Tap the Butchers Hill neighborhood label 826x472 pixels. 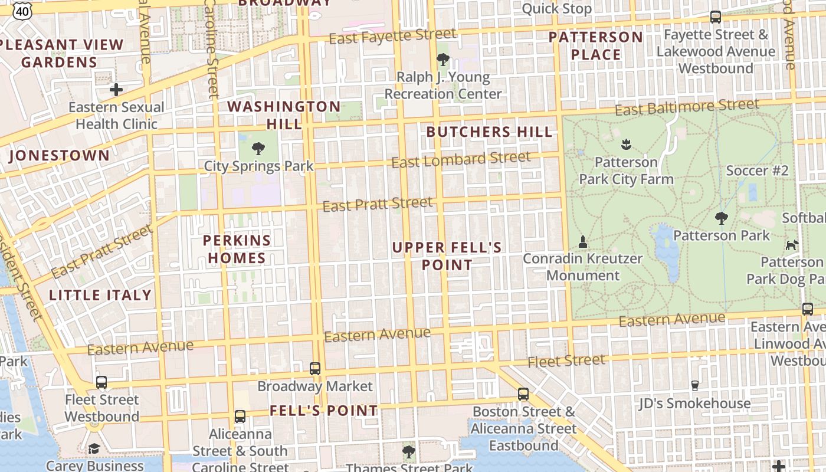pyautogui.click(x=490, y=132)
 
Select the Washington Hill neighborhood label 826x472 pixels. pyautogui.click(x=284, y=115)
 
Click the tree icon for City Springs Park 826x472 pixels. pyautogui.click(x=258, y=148)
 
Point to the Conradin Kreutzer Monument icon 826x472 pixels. pyautogui.click(x=583, y=241)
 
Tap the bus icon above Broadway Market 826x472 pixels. pyautogui.click(x=315, y=369)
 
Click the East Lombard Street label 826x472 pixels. pyautogui.click(x=461, y=159)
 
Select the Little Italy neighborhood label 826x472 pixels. pyautogui.click(x=100, y=295)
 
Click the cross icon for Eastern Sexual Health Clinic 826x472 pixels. pyautogui.click(x=116, y=90)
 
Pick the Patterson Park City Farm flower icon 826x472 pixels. pyautogui.click(x=626, y=144)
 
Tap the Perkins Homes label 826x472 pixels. pyautogui.click(x=237, y=249)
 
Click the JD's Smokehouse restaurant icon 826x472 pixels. pyautogui.click(x=694, y=386)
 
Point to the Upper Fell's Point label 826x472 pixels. pyautogui.click(x=447, y=256)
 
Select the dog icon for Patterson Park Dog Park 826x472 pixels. pyautogui.click(x=792, y=244)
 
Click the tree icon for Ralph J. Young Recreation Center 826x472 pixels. pyautogui.click(x=442, y=60)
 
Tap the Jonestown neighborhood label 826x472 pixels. pyautogui.click(x=60, y=156)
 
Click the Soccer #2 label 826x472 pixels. pyautogui.click(x=757, y=171)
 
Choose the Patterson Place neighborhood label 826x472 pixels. pyautogui.click(x=596, y=46)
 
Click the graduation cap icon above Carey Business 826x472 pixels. pyautogui.click(x=94, y=449)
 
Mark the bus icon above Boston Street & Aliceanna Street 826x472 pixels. pyautogui.click(x=523, y=394)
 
